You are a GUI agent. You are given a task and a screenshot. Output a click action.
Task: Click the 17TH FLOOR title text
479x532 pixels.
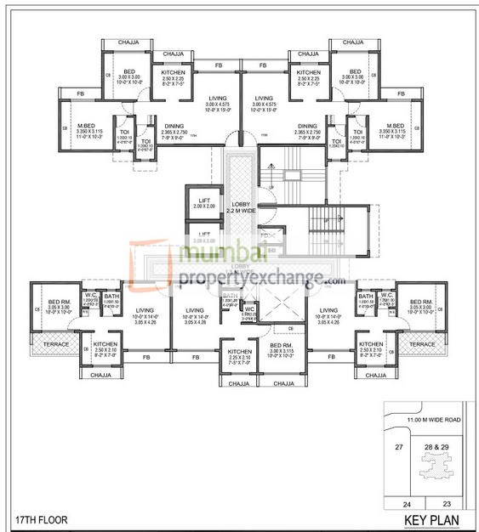(42, 518)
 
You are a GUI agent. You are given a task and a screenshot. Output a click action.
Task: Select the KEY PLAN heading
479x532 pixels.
(428, 518)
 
